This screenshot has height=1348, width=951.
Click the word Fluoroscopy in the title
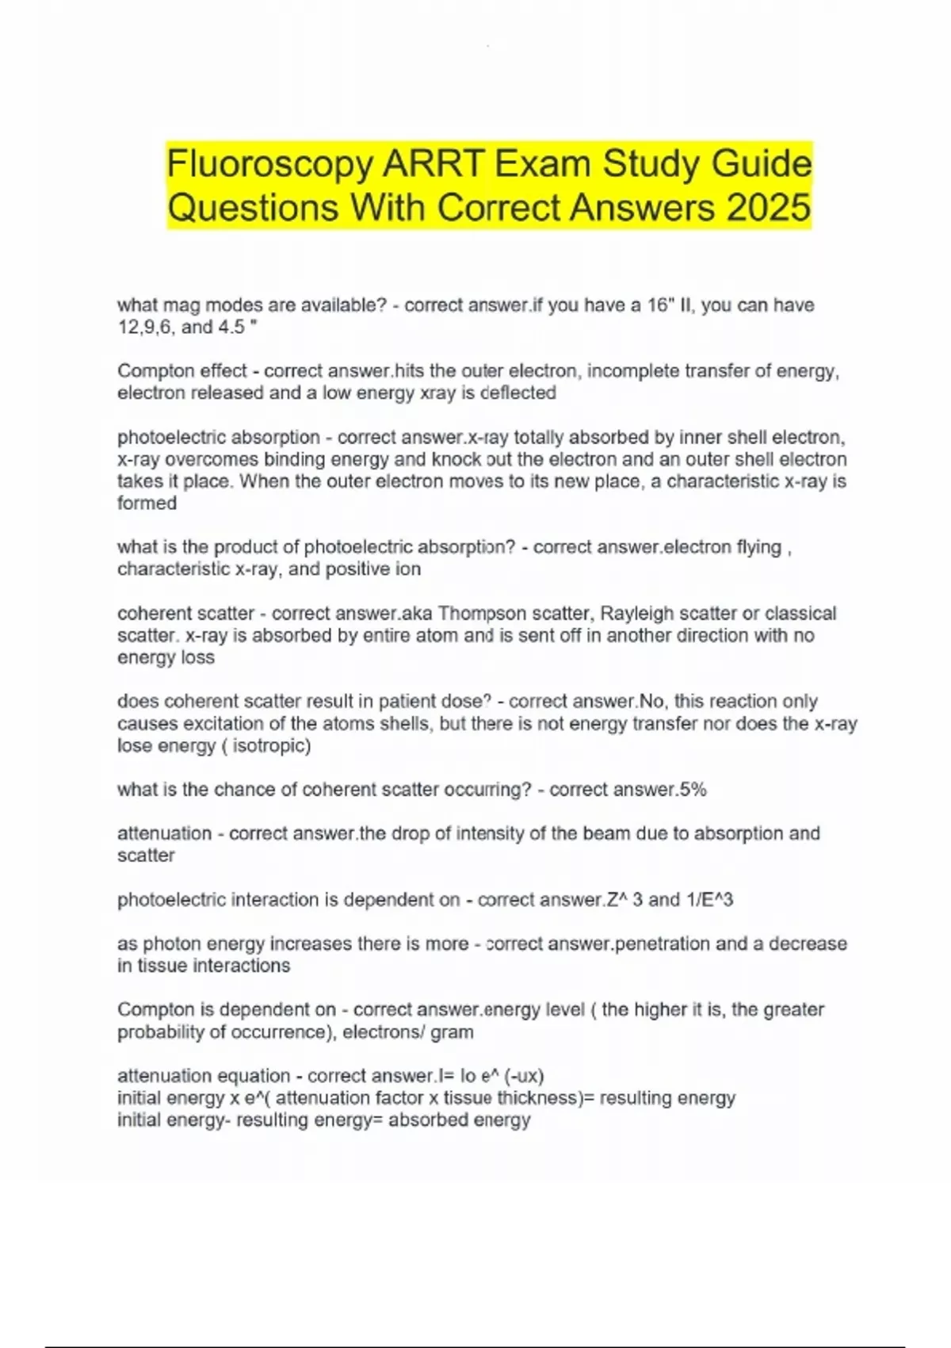(x=269, y=164)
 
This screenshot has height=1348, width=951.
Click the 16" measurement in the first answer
(x=659, y=305)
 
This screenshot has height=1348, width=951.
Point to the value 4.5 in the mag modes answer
(x=230, y=327)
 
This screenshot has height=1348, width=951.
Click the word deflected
(x=518, y=393)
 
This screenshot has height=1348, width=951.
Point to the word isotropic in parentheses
(x=271, y=745)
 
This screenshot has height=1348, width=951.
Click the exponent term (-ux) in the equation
(x=523, y=1076)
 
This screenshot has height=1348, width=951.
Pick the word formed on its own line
(x=147, y=503)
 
